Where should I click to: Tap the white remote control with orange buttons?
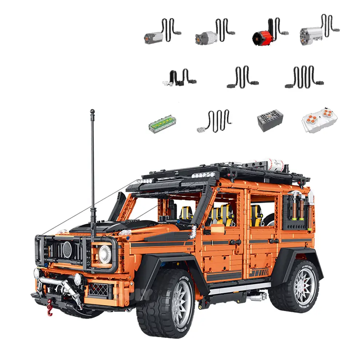[x=319, y=122]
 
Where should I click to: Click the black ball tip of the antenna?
[x=92, y=111]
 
